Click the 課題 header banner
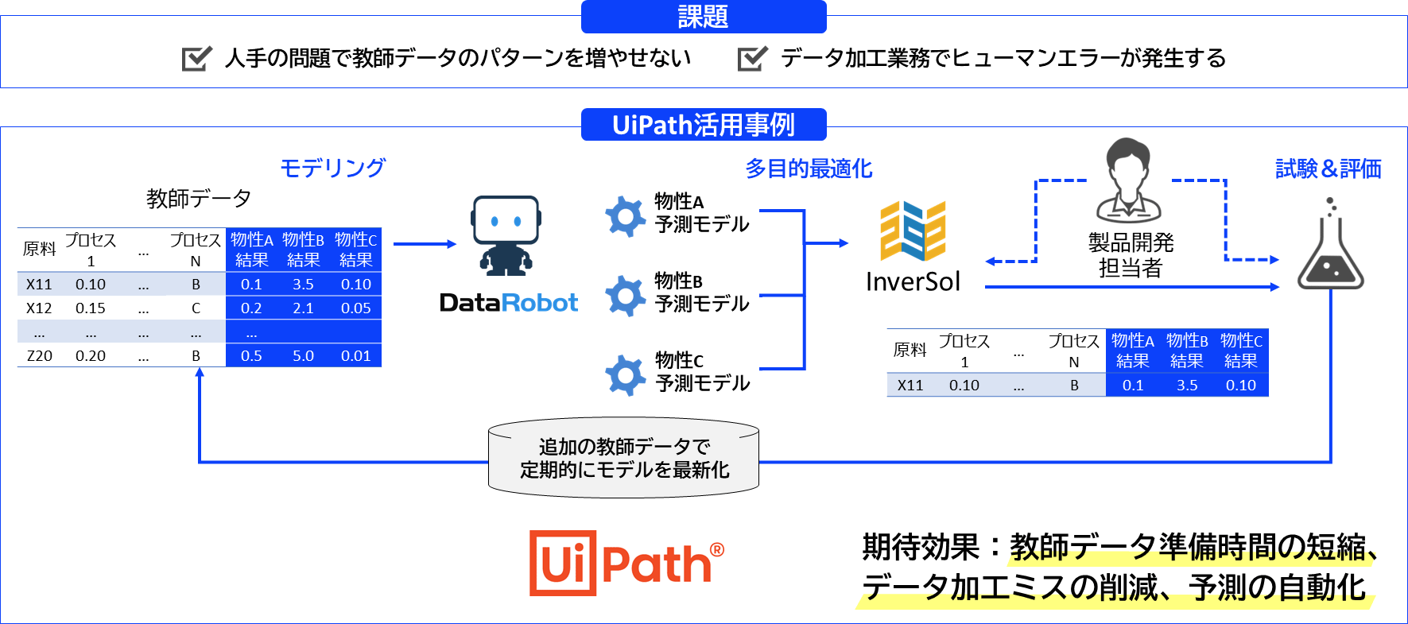tap(704, 17)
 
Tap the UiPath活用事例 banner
tap(704, 125)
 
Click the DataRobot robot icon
tap(506, 235)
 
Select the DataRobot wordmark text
tap(509, 303)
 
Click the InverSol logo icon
tap(913, 231)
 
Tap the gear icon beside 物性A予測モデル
tap(625, 215)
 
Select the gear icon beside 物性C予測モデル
tap(625, 374)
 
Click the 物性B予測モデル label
tap(701, 293)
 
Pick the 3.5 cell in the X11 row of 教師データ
tap(303, 285)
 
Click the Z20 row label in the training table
tap(39, 356)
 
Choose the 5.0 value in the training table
tap(303, 356)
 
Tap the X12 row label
tap(39, 308)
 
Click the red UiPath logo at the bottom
tap(626, 564)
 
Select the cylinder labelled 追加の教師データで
tap(624, 459)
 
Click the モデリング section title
tap(332, 168)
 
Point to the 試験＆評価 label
tap(1328, 169)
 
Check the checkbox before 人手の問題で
tap(196, 58)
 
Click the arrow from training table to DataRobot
tap(425, 244)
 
